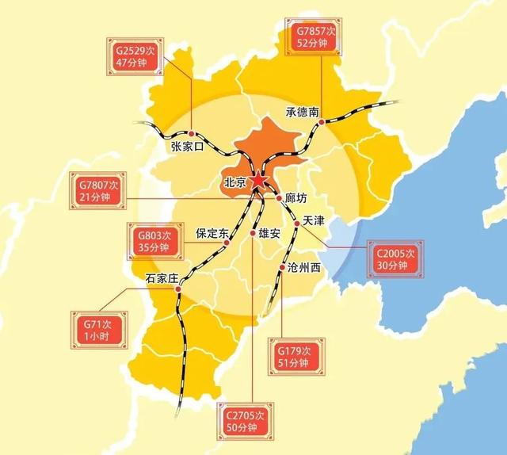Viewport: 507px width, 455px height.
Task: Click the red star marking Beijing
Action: pyautogui.click(x=258, y=181)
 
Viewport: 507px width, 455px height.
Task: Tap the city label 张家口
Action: pyautogui.click(x=188, y=147)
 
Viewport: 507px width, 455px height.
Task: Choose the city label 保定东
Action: pyautogui.click(x=212, y=234)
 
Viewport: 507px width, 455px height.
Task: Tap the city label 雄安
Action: pyautogui.click(x=265, y=234)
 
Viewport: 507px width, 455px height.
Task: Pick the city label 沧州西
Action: pyautogui.click(x=305, y=268)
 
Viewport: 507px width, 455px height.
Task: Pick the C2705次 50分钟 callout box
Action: pyautogui.click(x=247, y=420)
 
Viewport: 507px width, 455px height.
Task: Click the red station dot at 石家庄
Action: pyautogui.click(x=178, y=289)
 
